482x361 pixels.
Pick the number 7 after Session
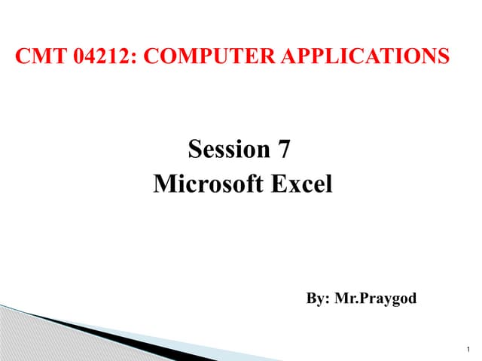point(283,150)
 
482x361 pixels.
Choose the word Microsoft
point(207,184)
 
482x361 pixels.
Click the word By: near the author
point(318,299)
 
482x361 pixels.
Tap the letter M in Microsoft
point(163,184)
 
